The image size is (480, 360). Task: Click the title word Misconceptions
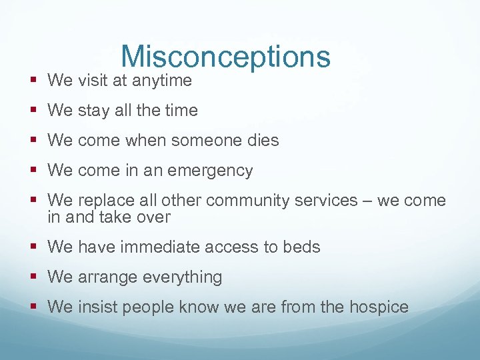point(225,57)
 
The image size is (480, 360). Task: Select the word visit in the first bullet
point(92,81)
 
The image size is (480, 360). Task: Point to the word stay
point(94,111)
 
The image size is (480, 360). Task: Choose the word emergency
point(211,171)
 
